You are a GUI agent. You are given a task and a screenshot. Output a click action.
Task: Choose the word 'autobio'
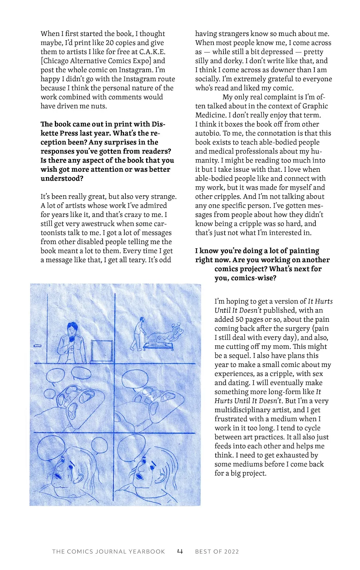coord(208,133)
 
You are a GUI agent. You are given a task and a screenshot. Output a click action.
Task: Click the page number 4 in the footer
coord(180,551)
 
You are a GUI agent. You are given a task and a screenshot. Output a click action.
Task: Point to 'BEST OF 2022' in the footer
coord(217,552)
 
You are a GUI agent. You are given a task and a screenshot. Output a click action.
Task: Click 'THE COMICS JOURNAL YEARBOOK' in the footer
coord(108,552)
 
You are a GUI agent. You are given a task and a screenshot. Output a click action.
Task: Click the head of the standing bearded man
coord(72,328)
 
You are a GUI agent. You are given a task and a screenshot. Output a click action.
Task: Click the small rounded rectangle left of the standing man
coord(37,346)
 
